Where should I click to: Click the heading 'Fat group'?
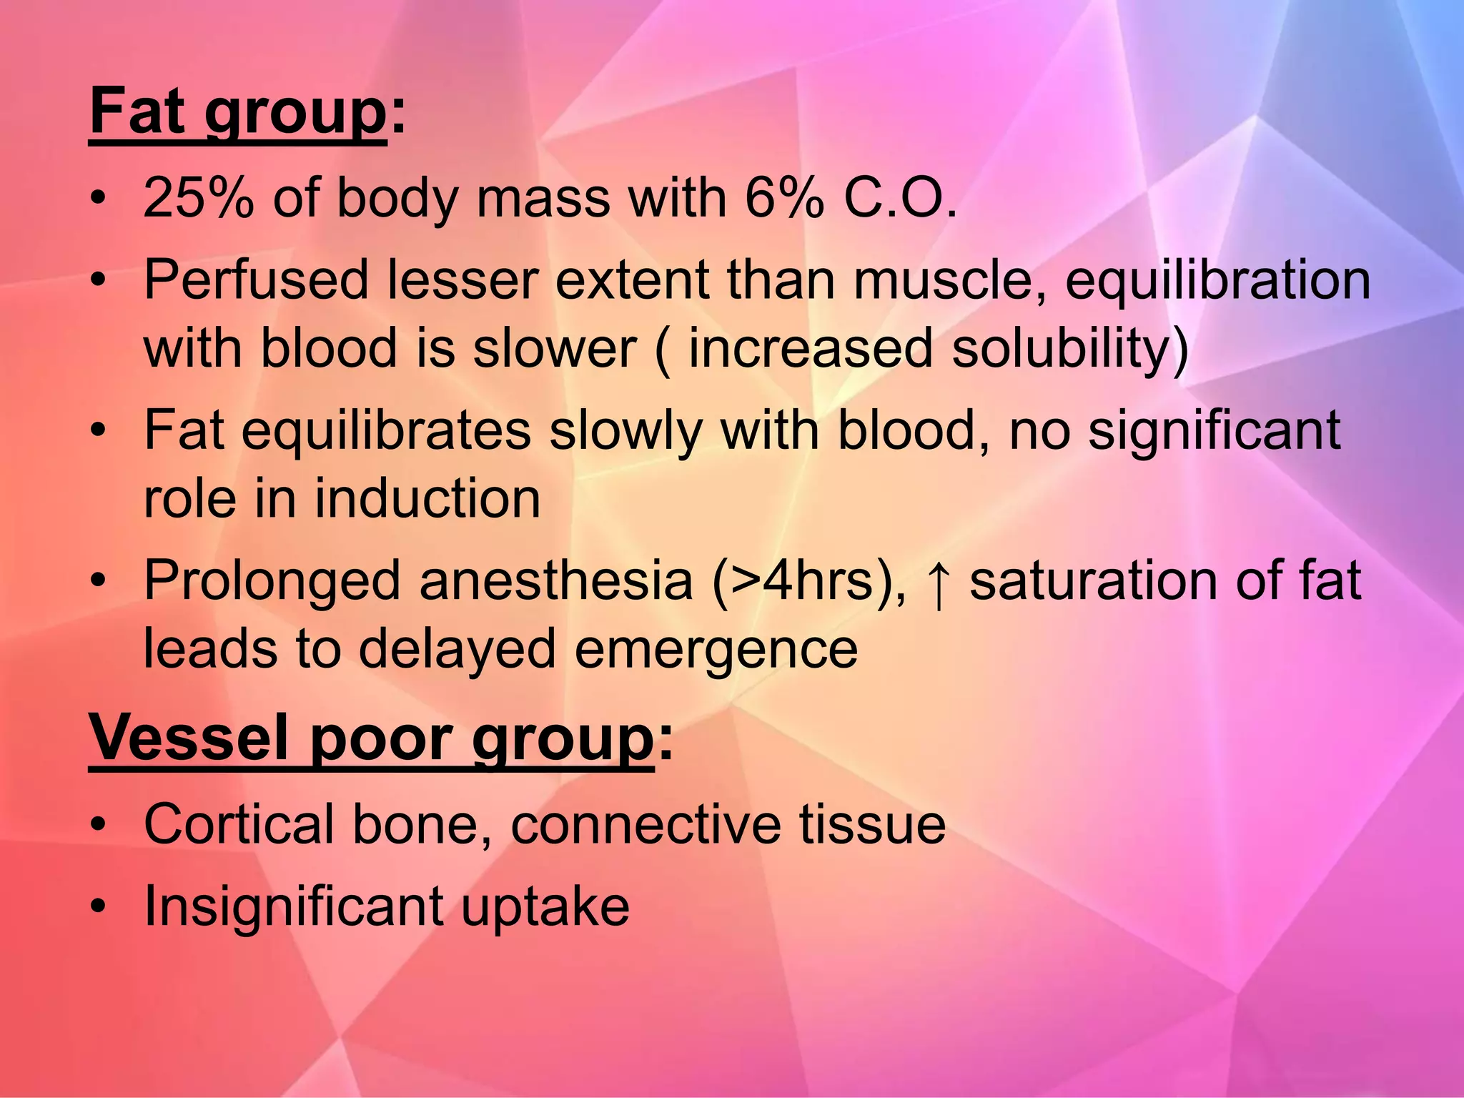pyautogui.click(x=238, y=113)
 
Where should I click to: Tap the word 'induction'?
pyautogui.click(x=427, y=498)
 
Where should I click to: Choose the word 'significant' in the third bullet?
pyautogui.click(x=1214, y=430)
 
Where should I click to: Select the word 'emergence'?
pyautogui.click(x=716, y=649)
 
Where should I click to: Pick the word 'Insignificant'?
pyautogui.click(x=294, y=906)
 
